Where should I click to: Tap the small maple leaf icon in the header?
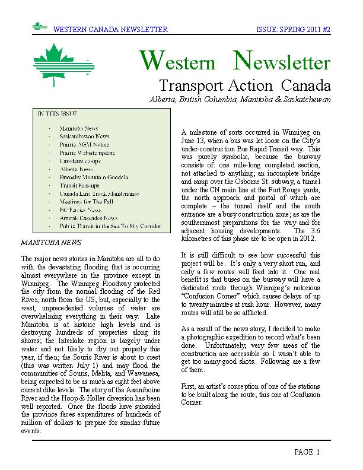[40, 27]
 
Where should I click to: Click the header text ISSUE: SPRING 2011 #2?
[293, 29]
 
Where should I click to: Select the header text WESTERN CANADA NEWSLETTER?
[110, 29]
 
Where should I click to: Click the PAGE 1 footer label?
[307, 452]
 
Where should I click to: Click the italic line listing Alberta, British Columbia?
[240, 99]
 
